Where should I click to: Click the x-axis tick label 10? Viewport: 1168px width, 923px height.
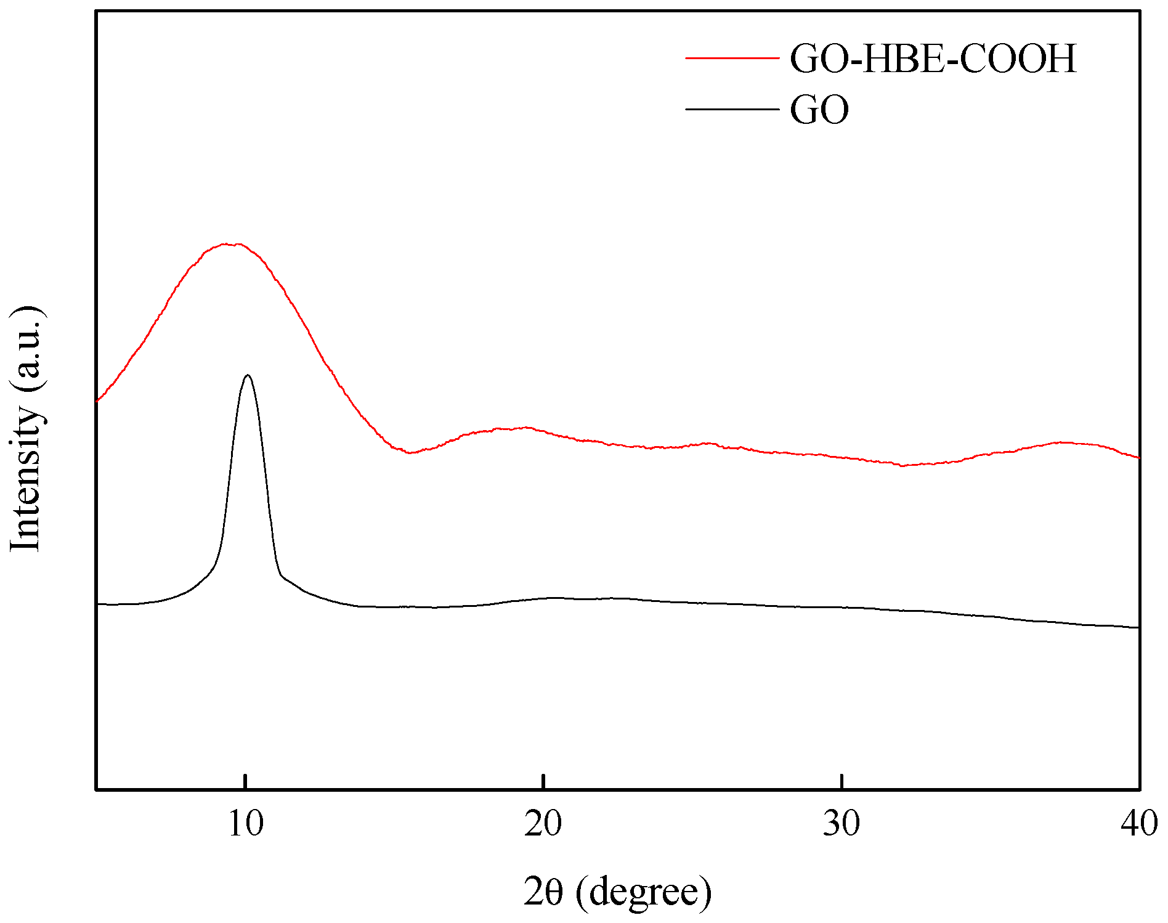click(x=246, y=824)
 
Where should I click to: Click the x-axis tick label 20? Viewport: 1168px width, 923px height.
click(x=543, y=824)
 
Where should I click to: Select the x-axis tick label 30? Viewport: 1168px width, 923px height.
click(x=842, y=824)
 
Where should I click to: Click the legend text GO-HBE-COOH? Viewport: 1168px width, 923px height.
click(x=933, y=59)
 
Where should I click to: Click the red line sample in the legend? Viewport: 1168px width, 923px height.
click(x=732, y=59)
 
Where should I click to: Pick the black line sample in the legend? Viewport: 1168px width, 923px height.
click(x=732, y=110)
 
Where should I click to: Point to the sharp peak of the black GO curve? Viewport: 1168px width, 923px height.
click(x=248, y=375)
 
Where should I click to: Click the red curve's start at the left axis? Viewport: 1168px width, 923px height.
click(x=97, y=401)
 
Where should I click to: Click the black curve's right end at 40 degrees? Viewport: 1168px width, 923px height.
click(x=1138, y=627)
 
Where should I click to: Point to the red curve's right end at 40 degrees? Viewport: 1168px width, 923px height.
click(x=1138, y=457)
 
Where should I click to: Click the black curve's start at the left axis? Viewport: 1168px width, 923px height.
click(x=97, y=604)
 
